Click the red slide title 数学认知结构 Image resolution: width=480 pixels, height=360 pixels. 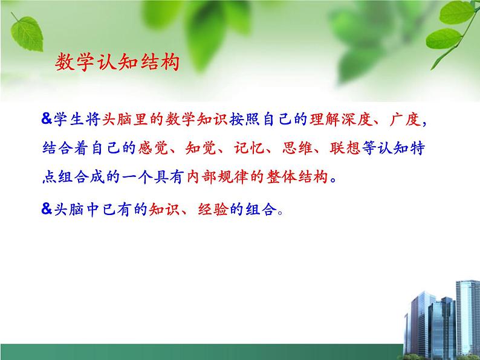117,62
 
